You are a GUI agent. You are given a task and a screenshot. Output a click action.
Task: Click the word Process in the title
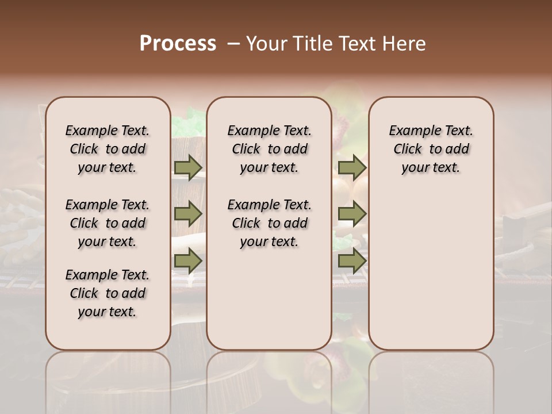(x=178, y=43)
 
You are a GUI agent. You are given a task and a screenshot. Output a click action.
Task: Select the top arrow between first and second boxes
(x=188, y=168)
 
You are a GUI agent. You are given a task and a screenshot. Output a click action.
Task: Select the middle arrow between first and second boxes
(x=188, y=214)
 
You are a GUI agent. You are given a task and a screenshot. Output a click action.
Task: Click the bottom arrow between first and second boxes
(x=188, y=262)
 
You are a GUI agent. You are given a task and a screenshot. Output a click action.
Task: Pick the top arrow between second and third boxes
(x=352, y=168)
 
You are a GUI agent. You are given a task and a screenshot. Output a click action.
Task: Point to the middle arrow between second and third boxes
(x=352, y=214)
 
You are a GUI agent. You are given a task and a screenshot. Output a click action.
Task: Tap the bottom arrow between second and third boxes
(x=352, y=262)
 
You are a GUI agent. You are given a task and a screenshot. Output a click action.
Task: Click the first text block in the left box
(x=108, y=149)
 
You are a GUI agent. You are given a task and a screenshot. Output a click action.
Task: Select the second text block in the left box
(x=108, y=223)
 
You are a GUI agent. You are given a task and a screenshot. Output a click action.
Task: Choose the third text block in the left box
(x=108, y=293)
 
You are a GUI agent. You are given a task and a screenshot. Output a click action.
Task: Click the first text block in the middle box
(x=269, y=149)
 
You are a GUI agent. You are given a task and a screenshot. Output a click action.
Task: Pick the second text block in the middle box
(x=269, y=223)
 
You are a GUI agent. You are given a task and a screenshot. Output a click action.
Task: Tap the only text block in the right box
(x=431, y=149)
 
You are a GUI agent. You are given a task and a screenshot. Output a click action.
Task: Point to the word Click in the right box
(x=408, y=149)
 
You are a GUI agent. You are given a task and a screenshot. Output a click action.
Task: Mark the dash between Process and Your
(x=233, y=44)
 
